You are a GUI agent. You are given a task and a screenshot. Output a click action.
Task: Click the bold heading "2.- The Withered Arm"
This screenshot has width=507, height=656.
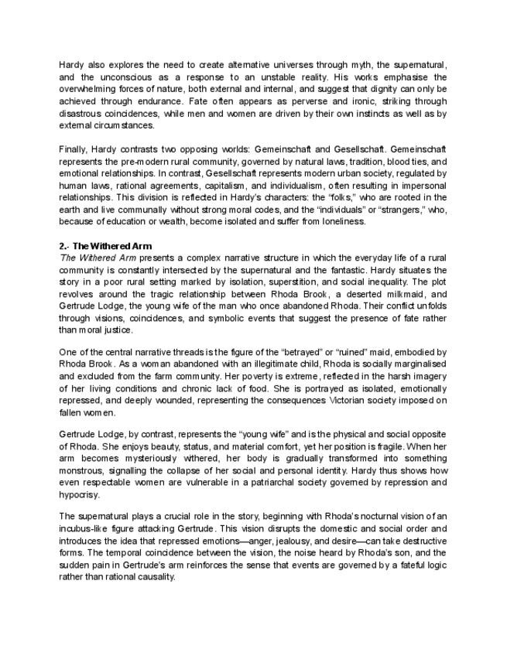[105, 246]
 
